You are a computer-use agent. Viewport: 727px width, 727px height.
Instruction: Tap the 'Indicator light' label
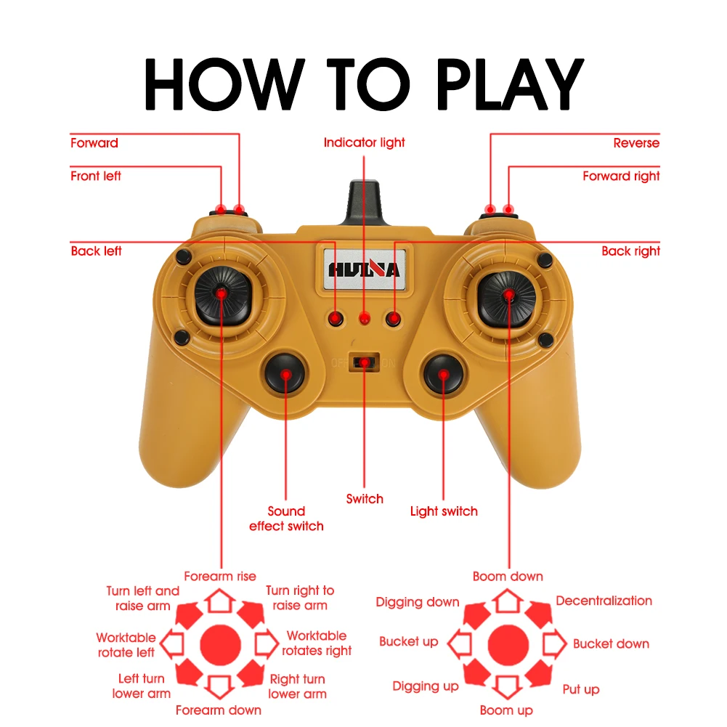(364, 143)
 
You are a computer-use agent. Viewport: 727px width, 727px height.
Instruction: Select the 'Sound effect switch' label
(286, 519)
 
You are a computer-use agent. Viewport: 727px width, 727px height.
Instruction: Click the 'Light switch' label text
(444, 511)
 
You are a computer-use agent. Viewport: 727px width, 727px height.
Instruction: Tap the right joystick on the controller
(508, 293)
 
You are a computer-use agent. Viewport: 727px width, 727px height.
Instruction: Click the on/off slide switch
(364, 361)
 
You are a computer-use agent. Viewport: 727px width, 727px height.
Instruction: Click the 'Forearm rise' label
(219, 577)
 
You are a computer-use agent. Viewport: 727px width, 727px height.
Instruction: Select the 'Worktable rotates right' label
(317, 643)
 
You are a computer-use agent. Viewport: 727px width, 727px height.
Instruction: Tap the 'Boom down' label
(508, 577)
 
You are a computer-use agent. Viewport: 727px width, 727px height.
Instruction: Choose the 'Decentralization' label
(604, 601)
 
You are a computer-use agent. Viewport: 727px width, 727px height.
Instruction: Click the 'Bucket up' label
(409, 642)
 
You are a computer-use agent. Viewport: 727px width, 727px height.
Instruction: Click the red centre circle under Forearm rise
(219, 643)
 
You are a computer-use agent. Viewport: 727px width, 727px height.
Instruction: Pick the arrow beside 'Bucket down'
(555, 643)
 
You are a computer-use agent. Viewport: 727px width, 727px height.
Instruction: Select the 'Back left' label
(96, 251)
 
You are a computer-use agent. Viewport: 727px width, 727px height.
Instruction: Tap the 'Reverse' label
(636, 143)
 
